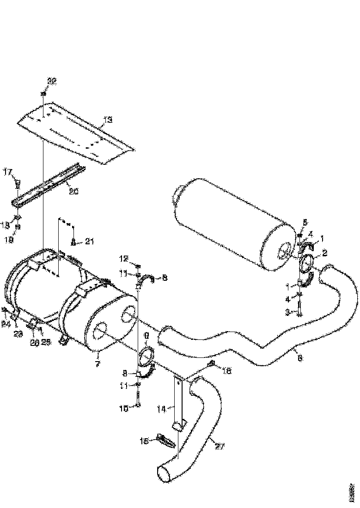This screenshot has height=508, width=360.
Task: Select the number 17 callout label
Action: coord(8,172)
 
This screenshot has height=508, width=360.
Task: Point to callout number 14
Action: coord(160,408)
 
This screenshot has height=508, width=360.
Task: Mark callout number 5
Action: coord(305,223)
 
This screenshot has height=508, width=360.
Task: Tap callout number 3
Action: coord(287,313)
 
